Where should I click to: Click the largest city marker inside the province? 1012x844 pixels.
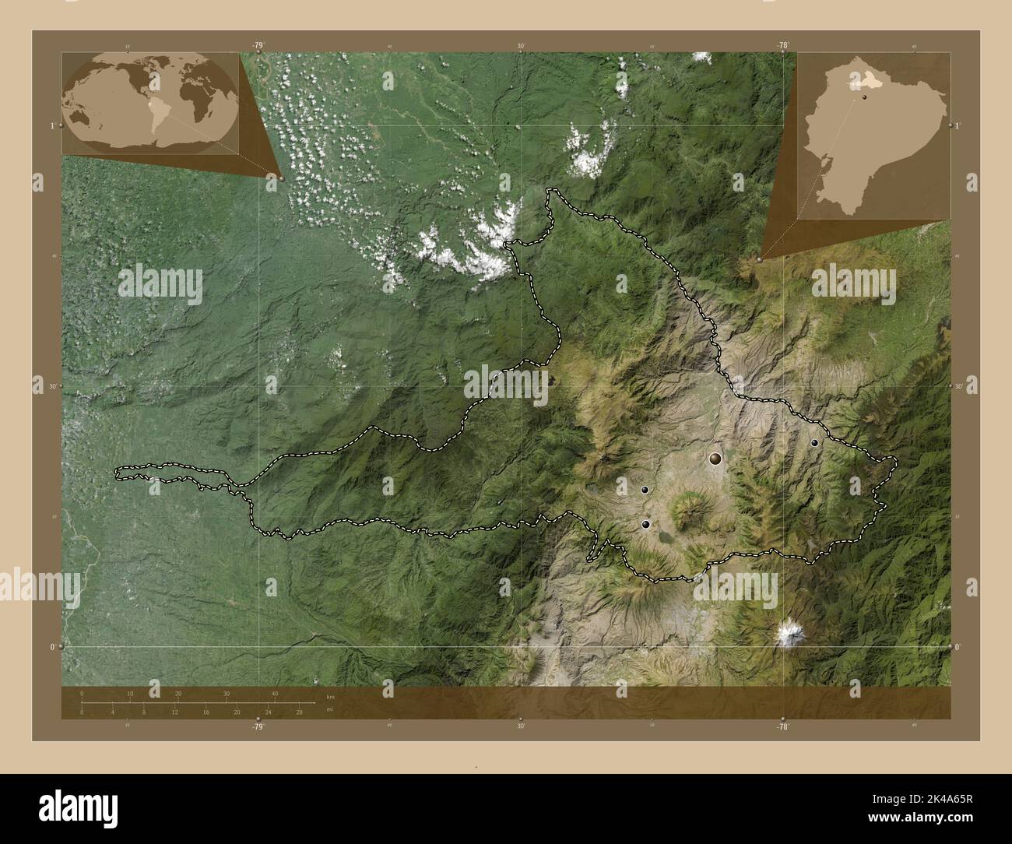click(x=715, y=459)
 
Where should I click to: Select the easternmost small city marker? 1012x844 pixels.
click(x=814, y=442)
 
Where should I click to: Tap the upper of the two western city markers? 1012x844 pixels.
click(x=645, y=489)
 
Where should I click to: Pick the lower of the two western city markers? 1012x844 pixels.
click(x=645, y=524)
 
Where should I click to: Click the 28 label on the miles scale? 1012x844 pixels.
click(x=299, y=712)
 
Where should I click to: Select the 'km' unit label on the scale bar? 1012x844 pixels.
click(x=330, y=697)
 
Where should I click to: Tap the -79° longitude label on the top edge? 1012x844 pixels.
click(x=258, y=45)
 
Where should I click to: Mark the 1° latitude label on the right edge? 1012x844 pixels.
click(x=958, y=125)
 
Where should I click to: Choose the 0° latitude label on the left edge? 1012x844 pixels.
click(x=52, y=646)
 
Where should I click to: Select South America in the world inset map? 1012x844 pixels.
click(x=161, y=113)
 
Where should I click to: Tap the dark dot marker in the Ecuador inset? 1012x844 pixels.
click(x=863, y=97)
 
